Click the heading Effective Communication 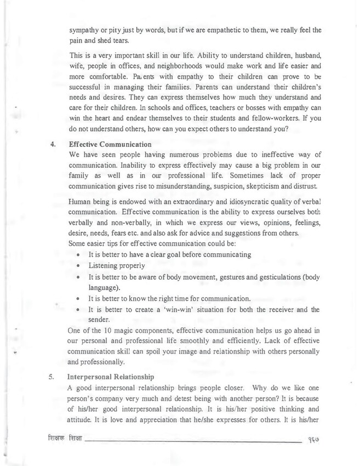pos(109,145)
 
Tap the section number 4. pos(53,145)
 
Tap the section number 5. pos(53,377)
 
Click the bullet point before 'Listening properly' pos(81,266)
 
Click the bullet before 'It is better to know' pos(81,299)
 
